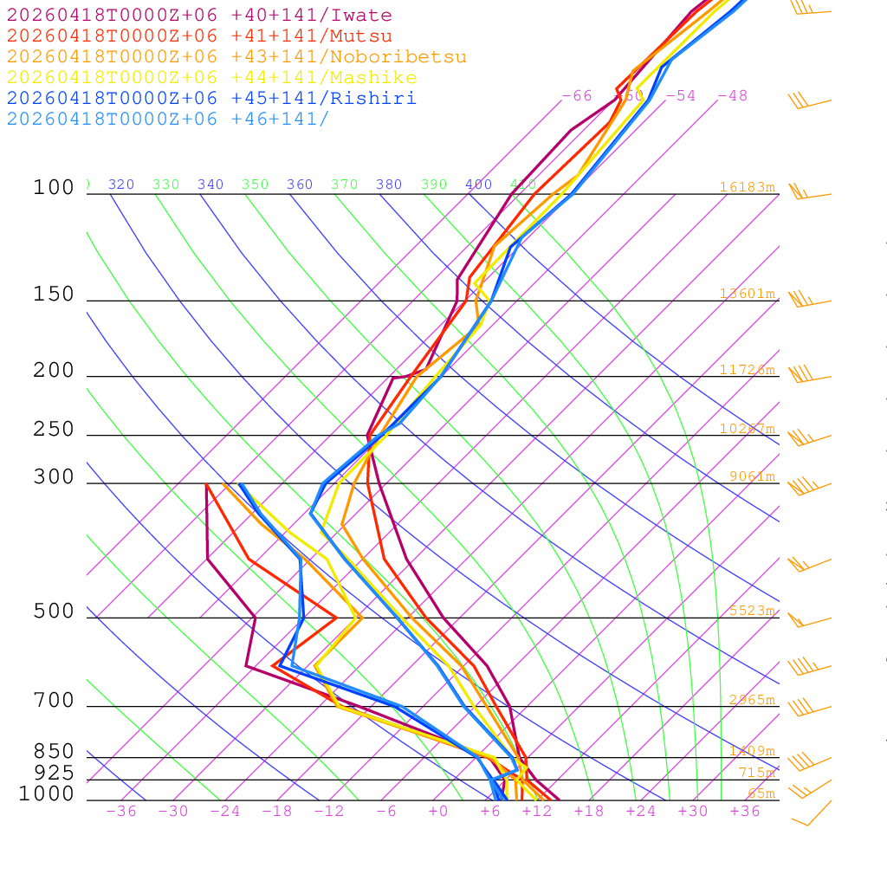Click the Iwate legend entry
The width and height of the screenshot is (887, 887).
point(199,16)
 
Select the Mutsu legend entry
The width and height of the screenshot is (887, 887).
point(199,36)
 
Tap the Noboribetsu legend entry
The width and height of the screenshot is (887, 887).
point(236,57)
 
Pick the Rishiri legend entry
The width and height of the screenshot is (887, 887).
point(211,99)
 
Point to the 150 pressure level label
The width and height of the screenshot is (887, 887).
point(54,295)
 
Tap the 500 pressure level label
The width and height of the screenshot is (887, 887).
point(54,612)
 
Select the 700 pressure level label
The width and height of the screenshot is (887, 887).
point(54,701)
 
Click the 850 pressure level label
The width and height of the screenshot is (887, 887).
point(54,752)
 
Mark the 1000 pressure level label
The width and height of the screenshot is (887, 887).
point(47,793)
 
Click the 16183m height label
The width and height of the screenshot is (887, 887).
point(747,187)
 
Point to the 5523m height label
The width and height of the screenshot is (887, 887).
point(751,611)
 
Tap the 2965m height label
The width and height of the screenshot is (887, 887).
point(751,700)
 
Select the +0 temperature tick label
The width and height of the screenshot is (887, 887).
point(438,812)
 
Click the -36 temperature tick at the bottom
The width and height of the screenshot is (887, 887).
point(120,812)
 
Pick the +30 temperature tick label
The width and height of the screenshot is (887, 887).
point(693,812)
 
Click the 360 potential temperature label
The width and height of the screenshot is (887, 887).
point(300,185)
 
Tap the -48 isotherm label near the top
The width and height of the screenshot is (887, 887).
point(732,96)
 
